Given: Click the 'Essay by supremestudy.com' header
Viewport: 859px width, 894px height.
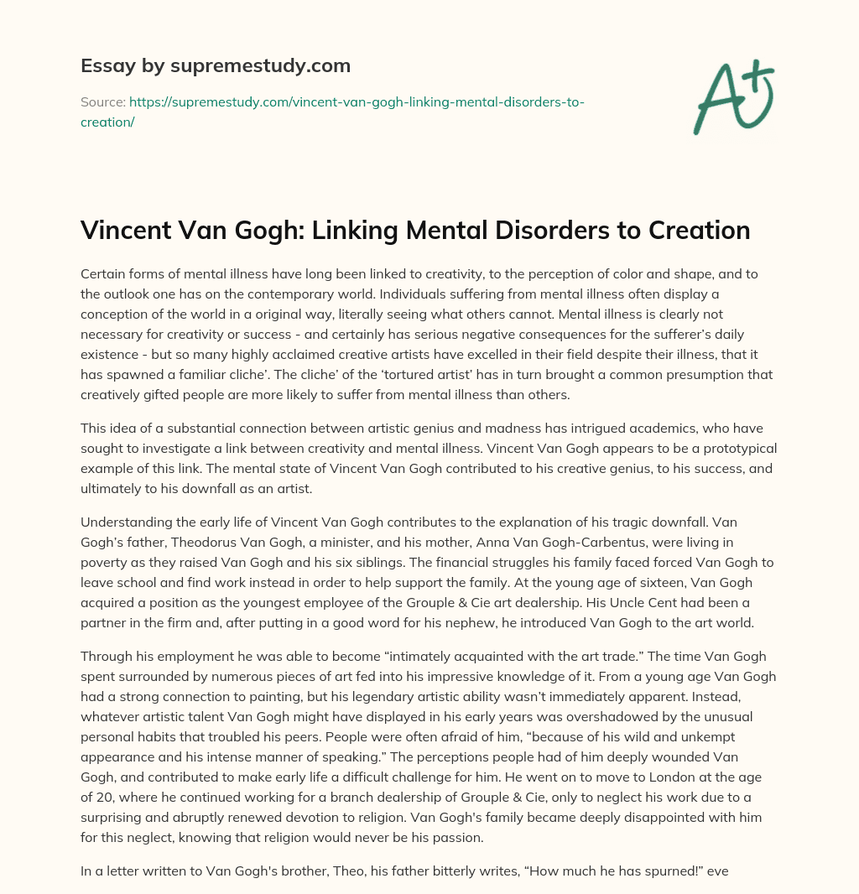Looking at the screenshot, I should click(x=215, y=65).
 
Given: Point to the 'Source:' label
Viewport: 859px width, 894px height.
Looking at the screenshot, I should click(x=102, y=101).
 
